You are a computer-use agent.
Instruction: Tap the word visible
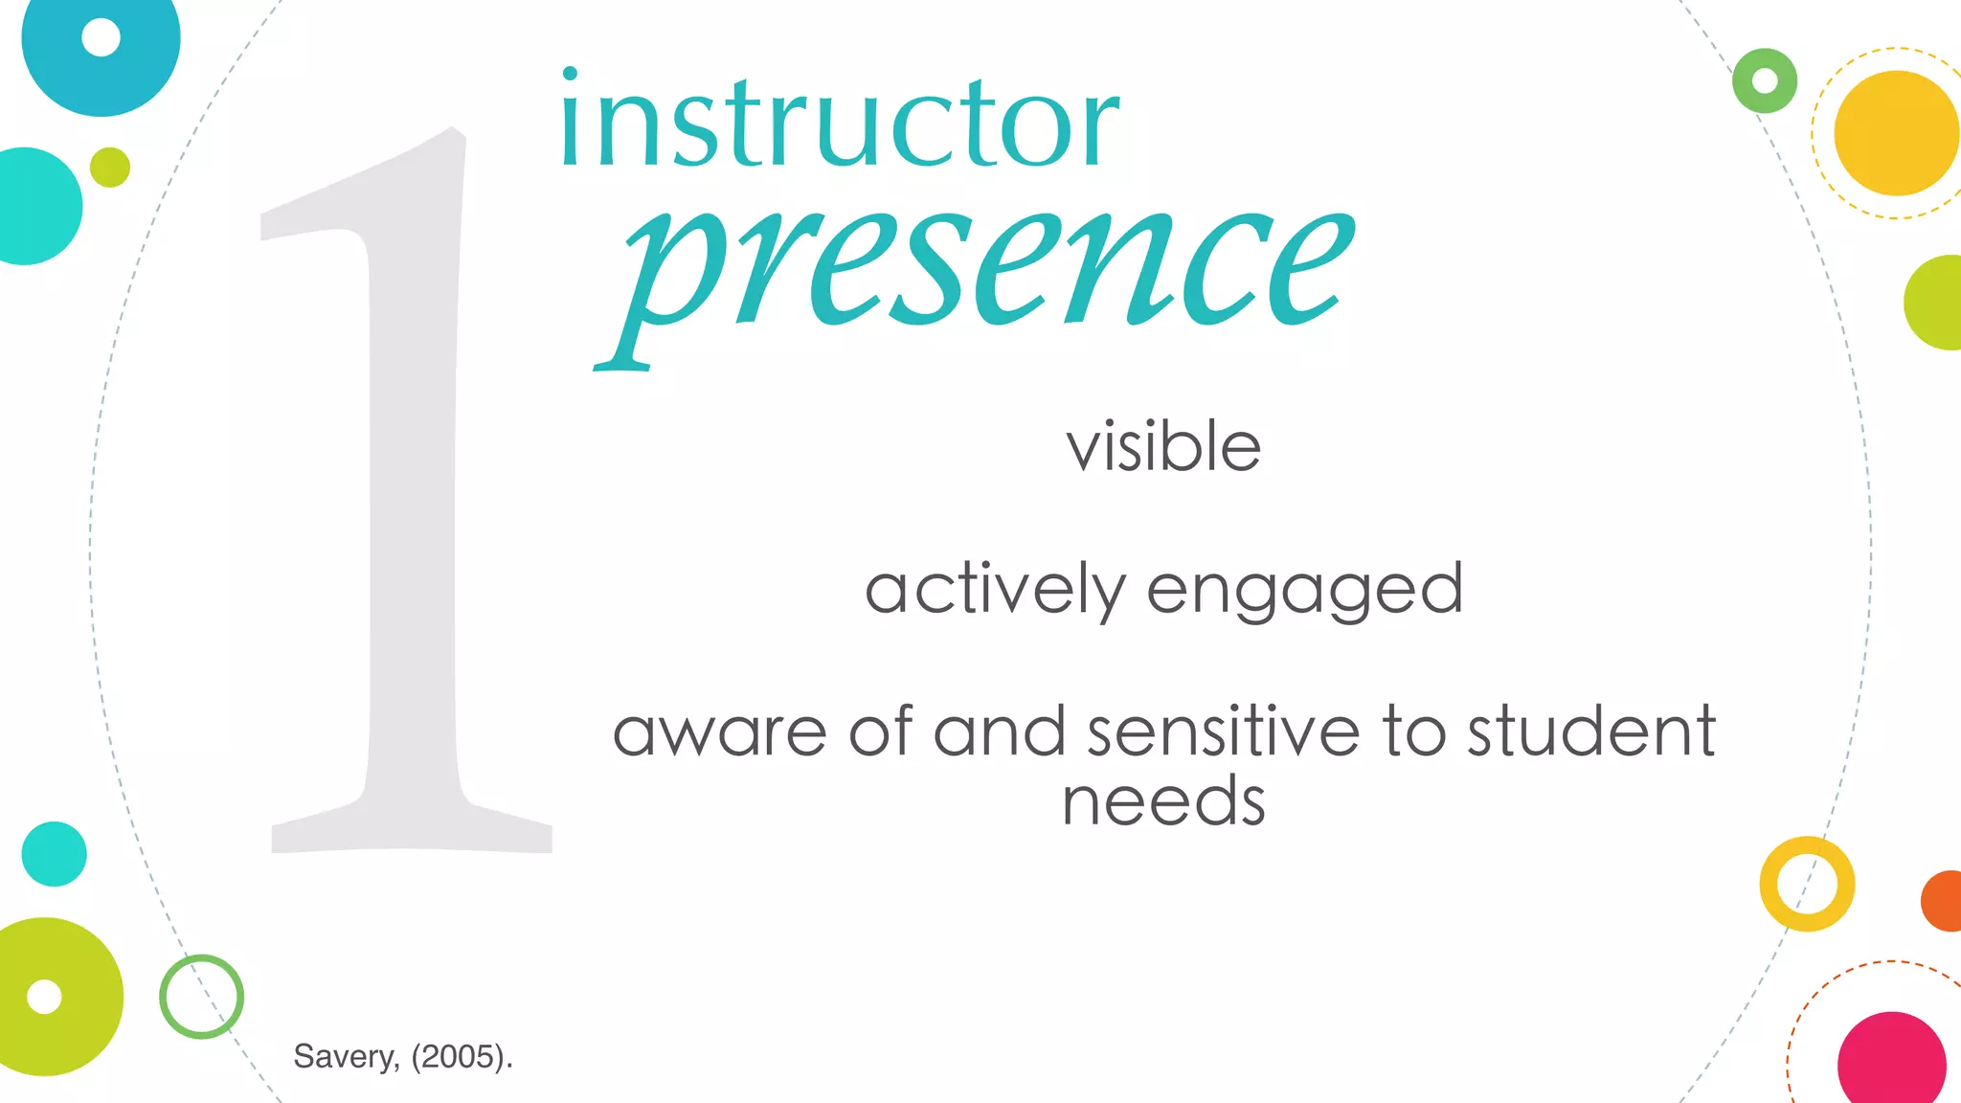tap(1163, 447)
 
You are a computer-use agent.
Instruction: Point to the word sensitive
tap(1223, 732)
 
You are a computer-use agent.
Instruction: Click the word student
tap(1591, 732)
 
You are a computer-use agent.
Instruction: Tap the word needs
tap(1163, 801)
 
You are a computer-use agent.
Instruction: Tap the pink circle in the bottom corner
tap(1891, 1063)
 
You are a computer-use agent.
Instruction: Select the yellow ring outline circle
tap(1807, 884)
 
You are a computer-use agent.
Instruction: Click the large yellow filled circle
tap(1896, 133)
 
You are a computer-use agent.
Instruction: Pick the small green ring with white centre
tap(1765, 80)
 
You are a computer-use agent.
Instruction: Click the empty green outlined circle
tap(201, 997)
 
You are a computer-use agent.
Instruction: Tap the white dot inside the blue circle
tap(101, 37)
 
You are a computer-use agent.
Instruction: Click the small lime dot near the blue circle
tap(110, 168)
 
